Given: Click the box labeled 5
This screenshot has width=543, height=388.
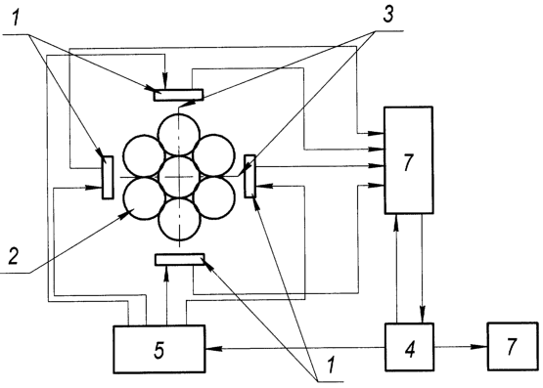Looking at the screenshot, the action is (x=158, y=349).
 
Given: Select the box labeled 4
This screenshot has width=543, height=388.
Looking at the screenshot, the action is (x=409, y=347).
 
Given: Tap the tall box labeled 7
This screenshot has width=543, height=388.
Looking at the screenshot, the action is (x=408, y=160).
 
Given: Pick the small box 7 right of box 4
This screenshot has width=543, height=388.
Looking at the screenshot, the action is (x=513, y=347).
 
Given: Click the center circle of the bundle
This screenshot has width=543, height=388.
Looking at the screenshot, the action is (x=179, y=177).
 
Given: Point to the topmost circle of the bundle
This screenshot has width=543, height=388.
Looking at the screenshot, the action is (x=179, y=135).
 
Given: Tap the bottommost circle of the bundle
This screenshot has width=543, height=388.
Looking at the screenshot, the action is (x=179, y=219).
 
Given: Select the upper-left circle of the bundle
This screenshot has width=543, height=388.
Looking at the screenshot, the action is (x=144, y=155).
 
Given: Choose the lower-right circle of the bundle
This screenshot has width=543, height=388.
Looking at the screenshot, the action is (x=214, y=197).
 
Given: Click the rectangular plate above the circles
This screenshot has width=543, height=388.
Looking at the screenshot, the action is (x=178, y=95).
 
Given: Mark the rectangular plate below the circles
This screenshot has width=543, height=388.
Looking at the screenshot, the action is (x=180, y=259).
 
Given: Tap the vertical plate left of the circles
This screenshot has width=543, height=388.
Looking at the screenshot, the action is (x=108, y=178).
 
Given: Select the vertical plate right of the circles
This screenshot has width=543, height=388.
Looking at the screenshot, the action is (x=250, y=176).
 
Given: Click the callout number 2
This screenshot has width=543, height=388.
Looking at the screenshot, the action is (x=13, y=257).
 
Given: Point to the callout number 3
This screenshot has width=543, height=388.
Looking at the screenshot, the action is (x=387, y=16).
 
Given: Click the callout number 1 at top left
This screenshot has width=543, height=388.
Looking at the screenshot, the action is (x=15, y=19).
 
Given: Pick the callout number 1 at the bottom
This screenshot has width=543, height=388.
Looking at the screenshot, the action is (x=331, y=365).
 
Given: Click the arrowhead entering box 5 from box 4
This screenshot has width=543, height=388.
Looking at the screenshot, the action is (x=211, y=349).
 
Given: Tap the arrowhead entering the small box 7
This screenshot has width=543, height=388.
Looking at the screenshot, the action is (x=481, y=347).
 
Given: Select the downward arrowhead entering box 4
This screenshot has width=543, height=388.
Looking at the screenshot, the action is (x=423, y=317).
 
